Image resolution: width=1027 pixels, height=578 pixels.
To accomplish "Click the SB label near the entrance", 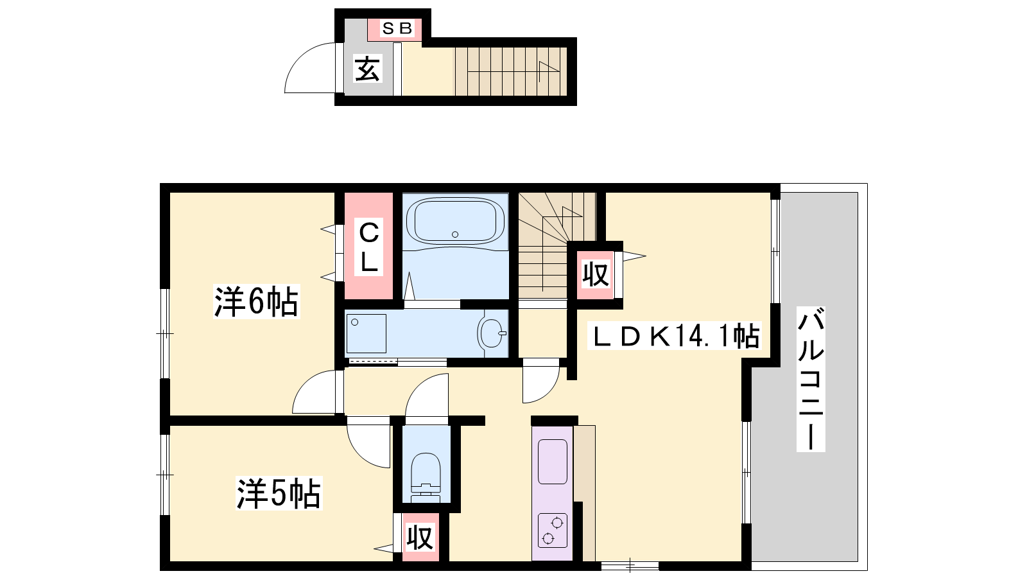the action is [x=397, y=28].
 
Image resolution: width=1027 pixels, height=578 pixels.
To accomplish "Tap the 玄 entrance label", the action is [x=368, y=69].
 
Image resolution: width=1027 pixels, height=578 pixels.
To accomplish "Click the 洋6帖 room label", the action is [x=256, y=301].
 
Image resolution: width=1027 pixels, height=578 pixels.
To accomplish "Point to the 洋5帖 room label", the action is [x=279, y=493].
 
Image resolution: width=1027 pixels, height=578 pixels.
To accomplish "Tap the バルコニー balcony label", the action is [x=811, y=379].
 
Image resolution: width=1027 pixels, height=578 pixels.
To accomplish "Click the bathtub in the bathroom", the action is [x=455, y=221].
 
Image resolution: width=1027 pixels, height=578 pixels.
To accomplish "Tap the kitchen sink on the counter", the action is [x=553, y=462].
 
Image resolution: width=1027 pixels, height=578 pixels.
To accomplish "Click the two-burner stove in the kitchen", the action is [x=553, y=530].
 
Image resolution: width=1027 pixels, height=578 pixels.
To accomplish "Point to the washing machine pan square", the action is [x=366, y=333].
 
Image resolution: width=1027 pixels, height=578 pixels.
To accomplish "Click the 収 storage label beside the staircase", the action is [x=596, y=275].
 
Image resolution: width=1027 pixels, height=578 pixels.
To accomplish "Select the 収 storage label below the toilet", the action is [x=420, y=537].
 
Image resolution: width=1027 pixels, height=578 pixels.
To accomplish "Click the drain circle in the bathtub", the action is [x=455, y=234].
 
